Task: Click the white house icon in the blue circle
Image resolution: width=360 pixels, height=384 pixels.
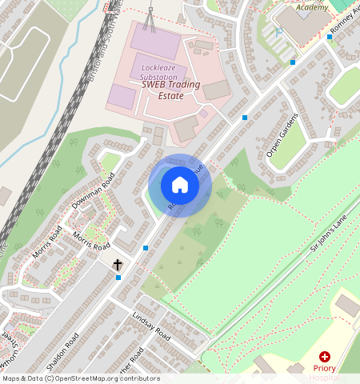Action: (180, 186)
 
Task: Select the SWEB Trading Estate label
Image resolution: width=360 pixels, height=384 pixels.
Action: (162, 90)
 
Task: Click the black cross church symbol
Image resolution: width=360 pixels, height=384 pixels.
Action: (118, 263)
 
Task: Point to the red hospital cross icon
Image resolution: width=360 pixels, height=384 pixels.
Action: (325, 357)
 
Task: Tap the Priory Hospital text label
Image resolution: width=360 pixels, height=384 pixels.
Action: (325, 370)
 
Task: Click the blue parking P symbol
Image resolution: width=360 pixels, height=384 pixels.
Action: (278, 33)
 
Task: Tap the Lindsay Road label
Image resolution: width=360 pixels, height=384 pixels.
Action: (151, 325)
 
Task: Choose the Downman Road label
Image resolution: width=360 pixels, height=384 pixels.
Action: (93, 190)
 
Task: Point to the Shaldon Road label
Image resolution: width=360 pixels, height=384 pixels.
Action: (62, 353)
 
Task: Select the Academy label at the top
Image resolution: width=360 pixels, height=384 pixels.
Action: (311, 7)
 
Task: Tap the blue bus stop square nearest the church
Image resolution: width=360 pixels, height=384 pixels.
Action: (118, 278)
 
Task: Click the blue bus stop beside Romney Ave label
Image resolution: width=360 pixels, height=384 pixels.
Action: (329, 37)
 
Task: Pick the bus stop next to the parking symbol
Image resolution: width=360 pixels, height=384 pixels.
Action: (293, 62)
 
